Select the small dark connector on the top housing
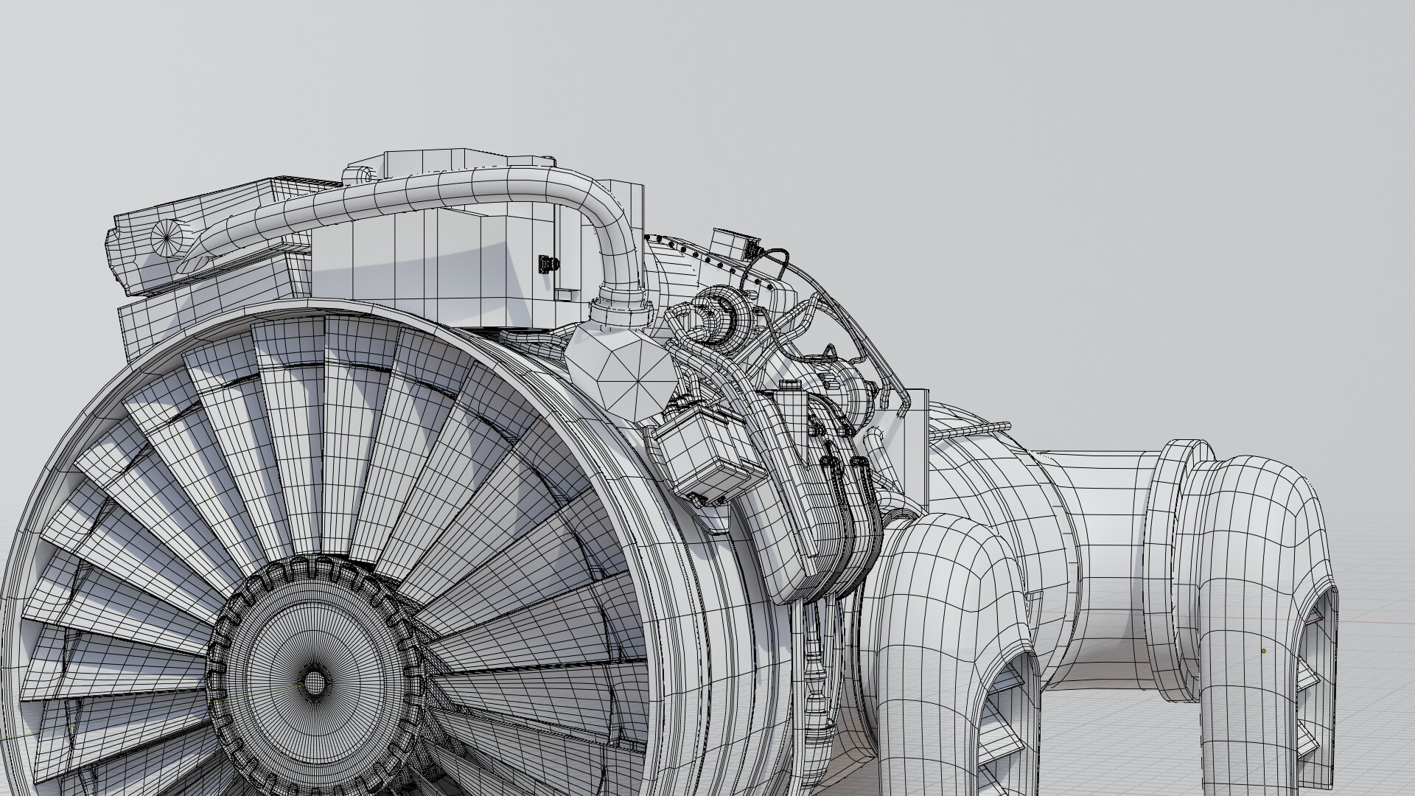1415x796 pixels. (546, 263)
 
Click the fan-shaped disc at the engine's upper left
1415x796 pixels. (164, 237)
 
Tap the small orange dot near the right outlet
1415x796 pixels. (1262, 651)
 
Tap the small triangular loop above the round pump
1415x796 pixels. (830, 351)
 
